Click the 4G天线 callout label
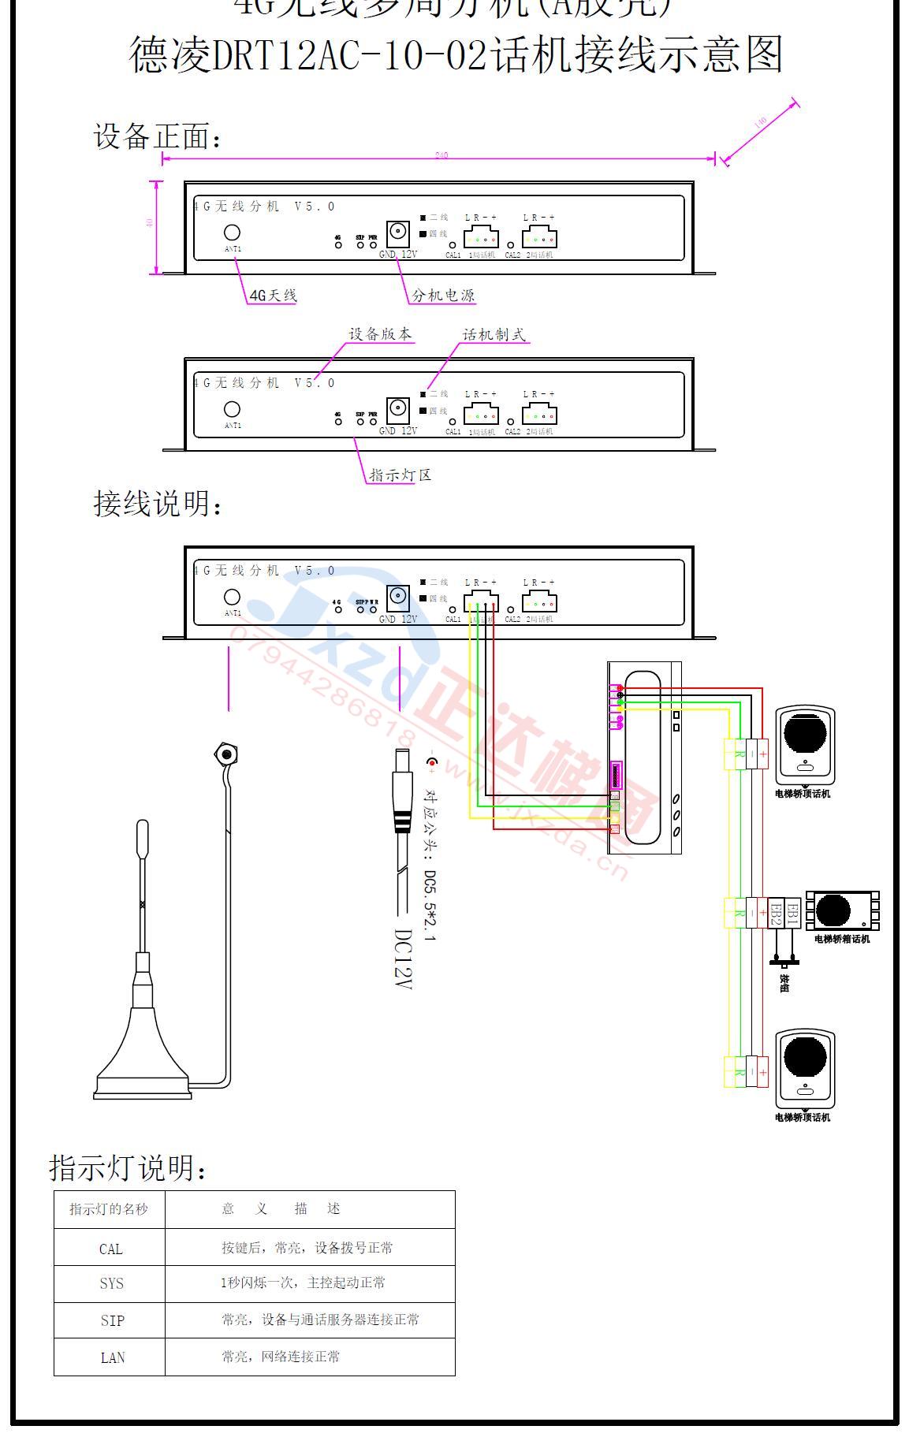coord(273,296)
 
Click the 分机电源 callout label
coord(443,296)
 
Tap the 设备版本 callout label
coord(380,334)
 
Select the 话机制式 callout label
coord(494,334)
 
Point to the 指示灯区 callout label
coord(400,475)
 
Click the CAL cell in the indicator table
coord(110,1249)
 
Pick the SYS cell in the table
coord(111,1283)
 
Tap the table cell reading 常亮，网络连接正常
coord(281,1357)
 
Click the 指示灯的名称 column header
coord(109,1209)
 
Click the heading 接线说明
coord(158,504)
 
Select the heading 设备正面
coord(158,136)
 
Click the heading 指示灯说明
coord(130,1167)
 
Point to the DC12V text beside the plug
coord(403,959)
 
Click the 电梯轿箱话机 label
coord(842,939)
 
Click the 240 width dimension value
coord(441,155)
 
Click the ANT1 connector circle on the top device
coord(233,233)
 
